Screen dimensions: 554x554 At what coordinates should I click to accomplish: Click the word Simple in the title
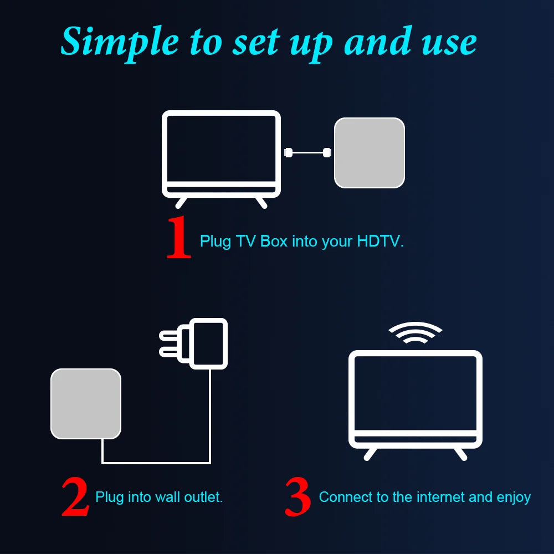(119, 42)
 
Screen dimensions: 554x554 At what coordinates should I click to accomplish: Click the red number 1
(179, 238)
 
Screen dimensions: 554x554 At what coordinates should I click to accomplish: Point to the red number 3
(297, 497)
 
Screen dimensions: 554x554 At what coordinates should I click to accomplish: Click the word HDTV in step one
(379, 242)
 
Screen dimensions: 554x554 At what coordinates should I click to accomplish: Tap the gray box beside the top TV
(369, 152)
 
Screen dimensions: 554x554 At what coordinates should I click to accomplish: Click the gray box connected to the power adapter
(86, 403)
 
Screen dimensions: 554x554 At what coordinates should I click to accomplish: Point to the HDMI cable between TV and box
(307, 152)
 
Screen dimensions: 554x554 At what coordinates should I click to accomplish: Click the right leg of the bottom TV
(460, 453)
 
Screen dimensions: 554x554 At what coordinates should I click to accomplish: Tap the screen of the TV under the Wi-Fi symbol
(416, 393)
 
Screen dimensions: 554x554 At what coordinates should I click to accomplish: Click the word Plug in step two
(109, 497)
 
